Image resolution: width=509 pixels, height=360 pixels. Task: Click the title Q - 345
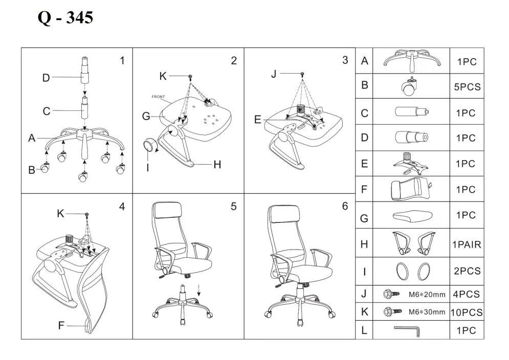click(x=65, y=18)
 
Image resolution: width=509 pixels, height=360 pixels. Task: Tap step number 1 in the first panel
click(x=122, y=61)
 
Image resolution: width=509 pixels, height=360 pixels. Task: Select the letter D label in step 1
click(x=46, y=78)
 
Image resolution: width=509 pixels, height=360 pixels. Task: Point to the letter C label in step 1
click(x=47, y=111)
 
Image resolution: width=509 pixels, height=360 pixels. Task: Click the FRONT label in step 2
click(x=158, y=96)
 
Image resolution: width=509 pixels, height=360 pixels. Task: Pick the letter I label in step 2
click(x=148, y=167)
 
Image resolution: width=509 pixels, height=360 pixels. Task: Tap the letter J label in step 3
click(x=273, y=74)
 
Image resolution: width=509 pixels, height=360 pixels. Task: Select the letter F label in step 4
click(x=61, y=325)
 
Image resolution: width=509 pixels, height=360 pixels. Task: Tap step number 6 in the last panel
click(x=345, y=207)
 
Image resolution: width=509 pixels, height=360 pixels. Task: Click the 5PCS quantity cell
click(x=467, y=87)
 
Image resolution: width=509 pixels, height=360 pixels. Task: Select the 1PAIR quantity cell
click(x=467, y=244)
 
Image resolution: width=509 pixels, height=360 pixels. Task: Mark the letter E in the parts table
click(x=364, y=164)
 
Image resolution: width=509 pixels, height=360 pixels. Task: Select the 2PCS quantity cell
click(x=467, y=271)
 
